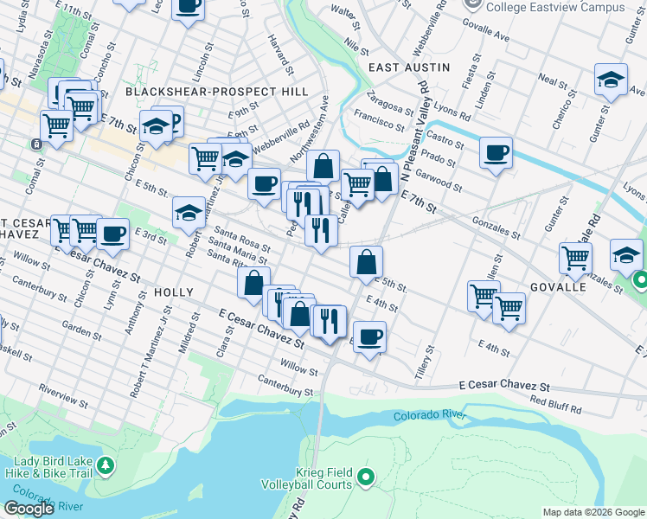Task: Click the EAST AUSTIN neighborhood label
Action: tap(409, 67)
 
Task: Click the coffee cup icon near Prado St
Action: tap(496, 153)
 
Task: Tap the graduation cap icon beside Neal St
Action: tap(611, 80)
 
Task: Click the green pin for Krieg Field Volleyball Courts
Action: tap(366, 476)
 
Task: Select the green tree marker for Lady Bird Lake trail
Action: tap(105, 466)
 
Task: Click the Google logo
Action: tap(29, 508)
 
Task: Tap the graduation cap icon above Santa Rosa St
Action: tap(189, 213)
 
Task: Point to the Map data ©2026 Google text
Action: tap(593, 512)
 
